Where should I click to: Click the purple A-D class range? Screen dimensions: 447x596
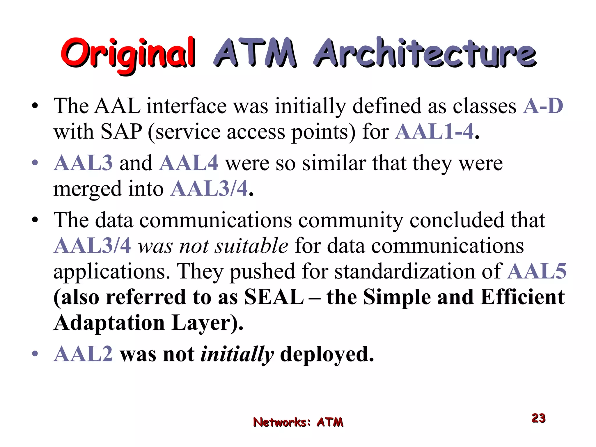pyautogui.click(x=543, y=106)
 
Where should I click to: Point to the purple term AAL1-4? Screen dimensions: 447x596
pyautogui.click(x=434, y=132)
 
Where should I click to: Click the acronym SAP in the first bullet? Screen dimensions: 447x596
pyautogui.click(x=121, y=132)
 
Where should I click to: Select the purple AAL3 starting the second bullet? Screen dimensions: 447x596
pyautogui.click(x=83, y=163)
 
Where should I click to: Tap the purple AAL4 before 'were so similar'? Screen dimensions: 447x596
pyautogui.click(x=189, y=163)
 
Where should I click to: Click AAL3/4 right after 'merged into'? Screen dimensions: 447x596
pyautogui.click(x=209, y=189)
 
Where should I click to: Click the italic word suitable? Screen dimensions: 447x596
pyautogui.click(x=251, y=246)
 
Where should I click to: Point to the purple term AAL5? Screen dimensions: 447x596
pyautogui.click(x=537, y=272)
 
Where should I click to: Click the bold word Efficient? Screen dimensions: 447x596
pyautogui.click(x=523, y=297)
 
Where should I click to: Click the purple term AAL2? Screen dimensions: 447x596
pyautogui.click(x=83, y=354)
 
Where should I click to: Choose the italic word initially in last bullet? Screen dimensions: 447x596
pyautogui.click(x=237, y=354)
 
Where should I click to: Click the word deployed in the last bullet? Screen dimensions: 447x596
pyautogui.click(x=327, y=354)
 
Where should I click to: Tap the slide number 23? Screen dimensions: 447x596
pyautogui.click(x=538, y=418)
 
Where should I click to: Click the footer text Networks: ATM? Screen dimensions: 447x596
pyautogui.click(x=298, y=422)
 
